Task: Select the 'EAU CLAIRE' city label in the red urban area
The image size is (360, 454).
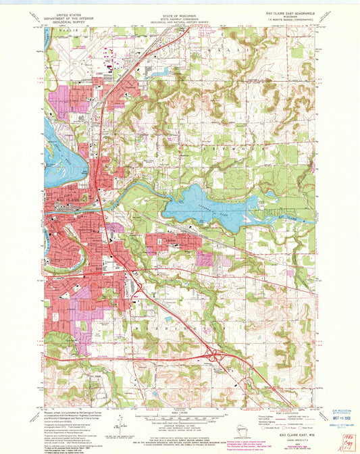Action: pos(59,203)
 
